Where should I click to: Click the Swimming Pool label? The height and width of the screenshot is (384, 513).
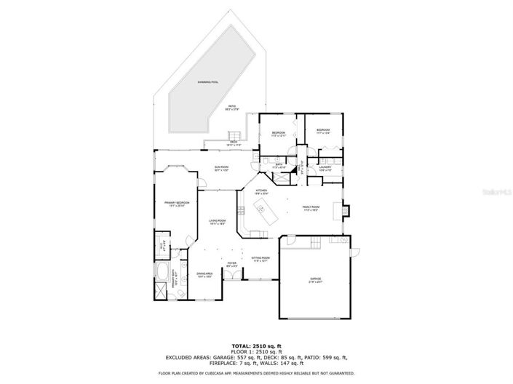pos(208,82)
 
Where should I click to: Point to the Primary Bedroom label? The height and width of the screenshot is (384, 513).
pos(177,204)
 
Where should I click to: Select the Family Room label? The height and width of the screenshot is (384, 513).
pos(311,207)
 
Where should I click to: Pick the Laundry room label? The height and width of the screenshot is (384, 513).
pos(325,168)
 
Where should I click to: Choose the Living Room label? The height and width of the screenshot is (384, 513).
pos(218,222)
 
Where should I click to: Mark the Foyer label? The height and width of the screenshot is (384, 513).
pos(231,264)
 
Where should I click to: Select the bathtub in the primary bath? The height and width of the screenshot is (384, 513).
pos(162,277)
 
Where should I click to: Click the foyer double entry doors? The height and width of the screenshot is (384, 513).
pos(231,299)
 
